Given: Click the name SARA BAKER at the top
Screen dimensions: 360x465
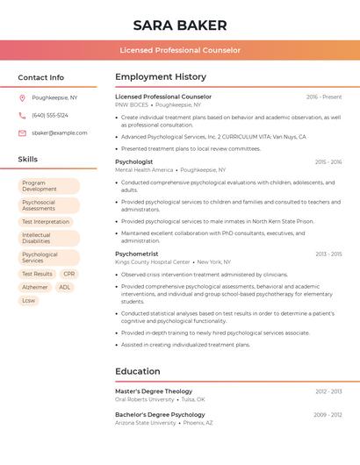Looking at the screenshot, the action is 180,25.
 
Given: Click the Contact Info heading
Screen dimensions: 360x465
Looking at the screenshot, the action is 41,77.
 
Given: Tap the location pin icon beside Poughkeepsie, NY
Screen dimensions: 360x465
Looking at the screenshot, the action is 22,97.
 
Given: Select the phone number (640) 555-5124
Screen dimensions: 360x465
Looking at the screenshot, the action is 50,115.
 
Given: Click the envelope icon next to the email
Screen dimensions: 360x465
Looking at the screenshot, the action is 22,133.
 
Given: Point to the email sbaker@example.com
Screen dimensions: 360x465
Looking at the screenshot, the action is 60,133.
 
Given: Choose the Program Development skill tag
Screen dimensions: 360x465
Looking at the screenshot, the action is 48,186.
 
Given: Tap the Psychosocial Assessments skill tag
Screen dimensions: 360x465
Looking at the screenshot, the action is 48,205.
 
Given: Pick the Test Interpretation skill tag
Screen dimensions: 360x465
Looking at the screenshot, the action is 46,222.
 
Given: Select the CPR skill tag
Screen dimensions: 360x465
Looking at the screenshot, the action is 69,274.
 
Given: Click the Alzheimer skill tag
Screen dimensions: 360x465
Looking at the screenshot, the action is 35,287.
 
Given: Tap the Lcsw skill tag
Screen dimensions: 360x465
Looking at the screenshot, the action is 29,300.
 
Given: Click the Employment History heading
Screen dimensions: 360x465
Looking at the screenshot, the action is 161,77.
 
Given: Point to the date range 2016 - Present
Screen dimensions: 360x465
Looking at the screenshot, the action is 324,97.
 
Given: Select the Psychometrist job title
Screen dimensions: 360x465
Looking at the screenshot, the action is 137,254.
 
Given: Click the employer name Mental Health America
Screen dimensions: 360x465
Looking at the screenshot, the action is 144,169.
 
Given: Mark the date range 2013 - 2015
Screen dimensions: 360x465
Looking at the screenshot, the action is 328,254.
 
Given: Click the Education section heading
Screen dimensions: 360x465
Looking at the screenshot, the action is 138,371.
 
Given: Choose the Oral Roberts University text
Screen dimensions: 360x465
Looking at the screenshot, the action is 145,399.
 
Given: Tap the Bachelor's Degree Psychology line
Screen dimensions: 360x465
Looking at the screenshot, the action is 160,414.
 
